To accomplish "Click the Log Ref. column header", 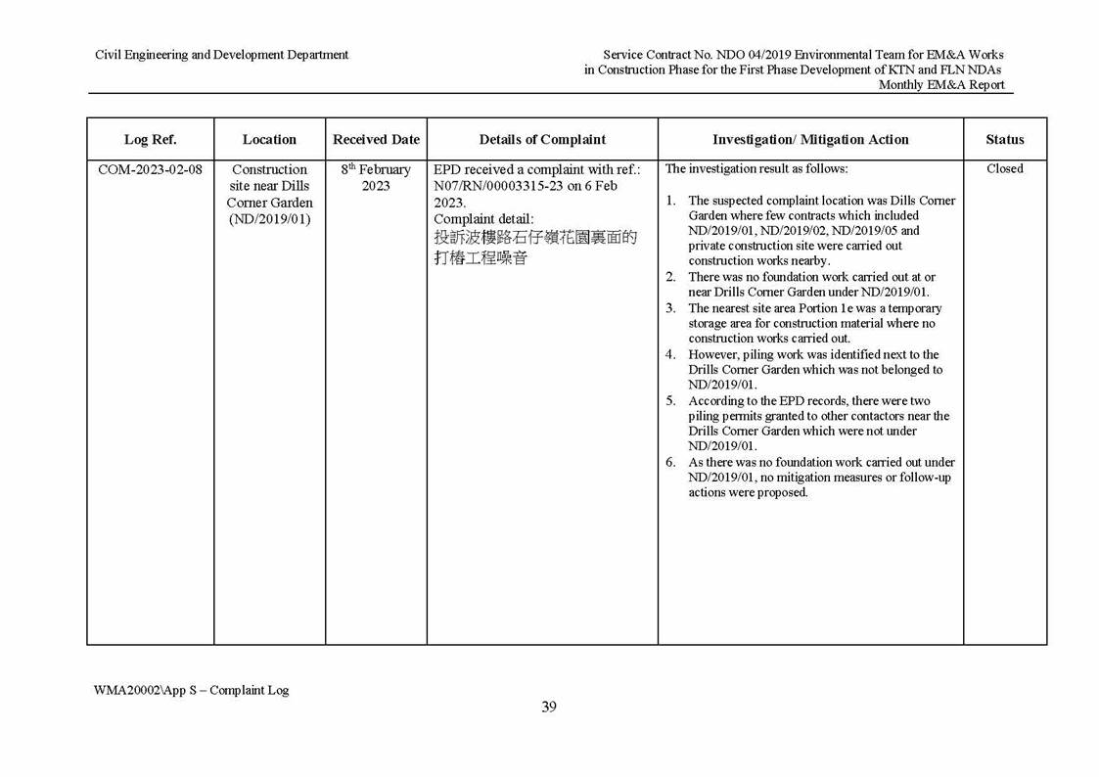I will [x=150, y=139].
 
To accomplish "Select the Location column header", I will [x=269, y=139].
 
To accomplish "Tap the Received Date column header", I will [x=376, y=139].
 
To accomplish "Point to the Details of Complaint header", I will [x=542, y=139].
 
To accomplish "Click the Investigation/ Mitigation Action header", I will [x=810, y=139].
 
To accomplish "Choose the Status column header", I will [x=1005, y=139].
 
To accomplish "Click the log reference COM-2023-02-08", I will [x=150, y=169].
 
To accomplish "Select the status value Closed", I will [x=1005, y=168].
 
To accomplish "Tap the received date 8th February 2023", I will [x=376, y=177].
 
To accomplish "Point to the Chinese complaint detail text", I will [x=534, y=248].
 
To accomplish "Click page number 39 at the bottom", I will [x=549, y=707].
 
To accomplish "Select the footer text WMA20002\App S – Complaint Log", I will [x=192, y=690].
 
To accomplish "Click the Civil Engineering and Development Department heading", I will [x=221, y=55].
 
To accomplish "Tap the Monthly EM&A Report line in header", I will [x=940, y=85].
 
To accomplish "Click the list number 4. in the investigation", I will [x=671, y=354].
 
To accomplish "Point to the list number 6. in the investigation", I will [x=671, y=462].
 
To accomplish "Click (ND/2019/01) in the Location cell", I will [x=269, y=218].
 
